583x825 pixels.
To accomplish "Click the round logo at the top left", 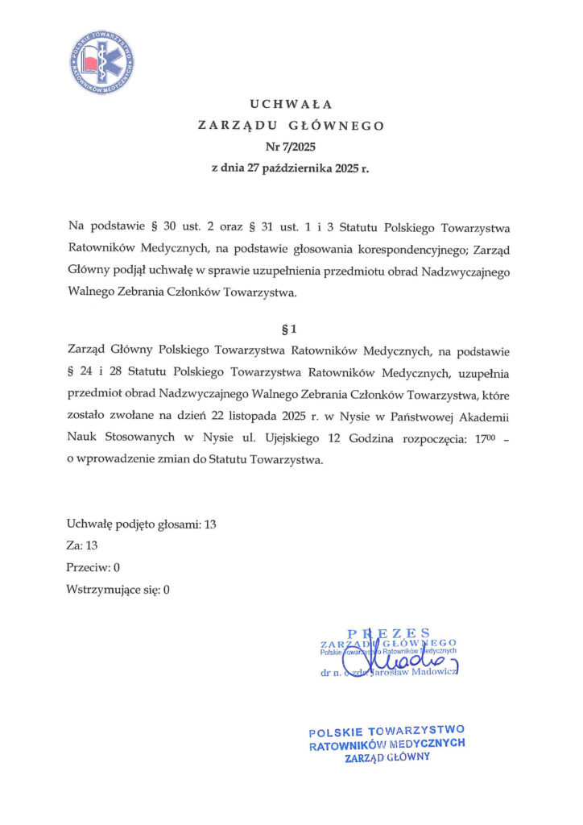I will (102, 62).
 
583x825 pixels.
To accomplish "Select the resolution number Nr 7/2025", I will (291, 147).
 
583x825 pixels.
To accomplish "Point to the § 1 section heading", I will (291, 330).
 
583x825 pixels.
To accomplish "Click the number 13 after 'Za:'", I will (92, 545).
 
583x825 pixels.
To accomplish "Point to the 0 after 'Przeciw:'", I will (117, 567).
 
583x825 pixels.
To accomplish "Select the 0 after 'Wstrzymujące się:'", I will (166, 589).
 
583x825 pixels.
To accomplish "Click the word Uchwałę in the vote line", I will (89, 524).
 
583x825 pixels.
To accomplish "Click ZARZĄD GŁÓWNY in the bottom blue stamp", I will (387, 758).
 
